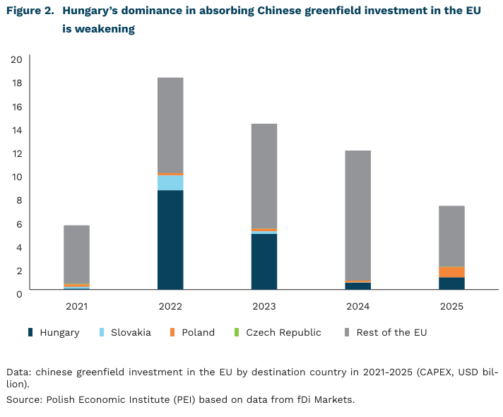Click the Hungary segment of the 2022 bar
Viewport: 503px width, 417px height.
pyautogui.click(x=170, y=240)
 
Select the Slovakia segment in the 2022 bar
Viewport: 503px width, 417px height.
pyautogui.click(x=170, y=182)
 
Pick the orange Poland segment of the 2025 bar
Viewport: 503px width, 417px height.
pyautogui.click(x=451, y=272)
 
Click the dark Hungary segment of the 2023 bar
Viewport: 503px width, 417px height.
pyautogui.click(x=264, y=261)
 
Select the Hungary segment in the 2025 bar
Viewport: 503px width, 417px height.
pyautogui.click(x=451, y=283)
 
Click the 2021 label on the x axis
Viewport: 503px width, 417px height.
pyautogui.click(x=76, y=307)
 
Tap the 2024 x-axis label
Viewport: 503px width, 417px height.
pyautogui.click(x=357, y=307)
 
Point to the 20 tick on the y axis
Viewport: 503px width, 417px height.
pyautogui.click(x=16, y=59)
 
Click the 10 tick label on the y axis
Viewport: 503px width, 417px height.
pyautogui.click(x=16, y=177)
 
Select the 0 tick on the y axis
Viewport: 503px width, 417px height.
pyautogui.click(x=19, y=293)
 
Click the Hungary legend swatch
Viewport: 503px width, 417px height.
pyautogui.click(x=30, y=332)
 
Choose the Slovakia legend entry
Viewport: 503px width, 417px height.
pyautogui.click(x=131, y=332)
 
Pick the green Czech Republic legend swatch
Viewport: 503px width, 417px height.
pyautogui.click(x=237, y=332)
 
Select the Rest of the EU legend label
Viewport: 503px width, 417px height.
pyautogui.click(x=391, y=332)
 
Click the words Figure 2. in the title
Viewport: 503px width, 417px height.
pyautogui.click(x=29, y=12)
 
